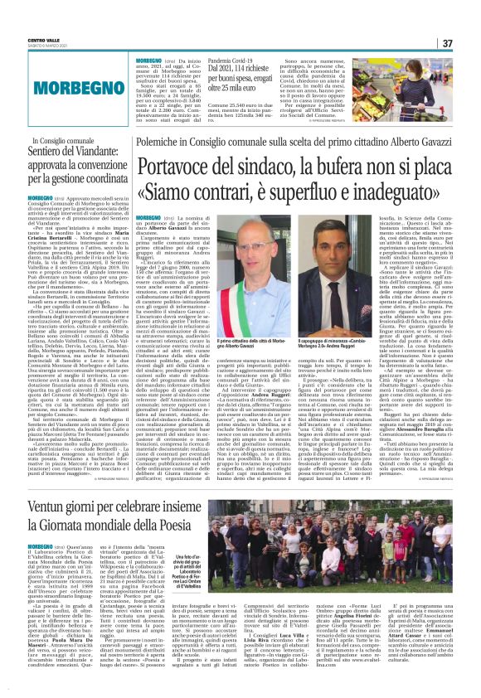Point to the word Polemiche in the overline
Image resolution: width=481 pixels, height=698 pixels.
[158, 143]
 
